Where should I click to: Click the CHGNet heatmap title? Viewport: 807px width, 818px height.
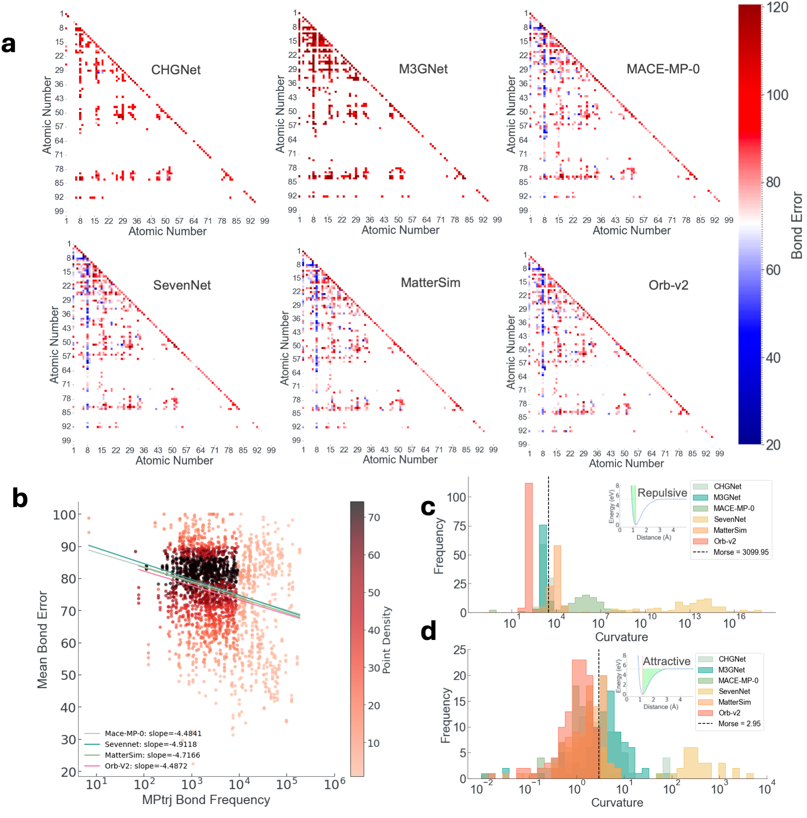pos(176,70)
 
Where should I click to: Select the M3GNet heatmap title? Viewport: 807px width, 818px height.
pos(423,69)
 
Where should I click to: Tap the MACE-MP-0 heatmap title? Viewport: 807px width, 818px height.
pos(663,69)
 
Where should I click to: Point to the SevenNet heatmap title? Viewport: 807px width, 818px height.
pos(182,285)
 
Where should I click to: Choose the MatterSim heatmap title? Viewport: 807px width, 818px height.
pos(430,283)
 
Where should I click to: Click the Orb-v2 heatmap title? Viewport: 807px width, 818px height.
pos(668,285)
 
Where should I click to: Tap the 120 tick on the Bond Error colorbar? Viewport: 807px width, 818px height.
pos(777,8)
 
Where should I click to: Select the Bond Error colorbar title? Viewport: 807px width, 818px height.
pos(797,225)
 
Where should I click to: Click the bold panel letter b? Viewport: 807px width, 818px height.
pos(20,498)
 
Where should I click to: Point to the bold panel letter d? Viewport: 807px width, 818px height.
pos(428,631)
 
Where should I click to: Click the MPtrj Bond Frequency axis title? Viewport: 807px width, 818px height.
pos(206,800)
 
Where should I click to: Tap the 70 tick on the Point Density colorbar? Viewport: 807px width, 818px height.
pos(374,517)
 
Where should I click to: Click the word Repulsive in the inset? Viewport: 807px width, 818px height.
pos(662,493)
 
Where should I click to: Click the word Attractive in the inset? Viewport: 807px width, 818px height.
pos(666,661)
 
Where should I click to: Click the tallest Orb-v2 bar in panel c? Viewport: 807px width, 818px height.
pos(528,547)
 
